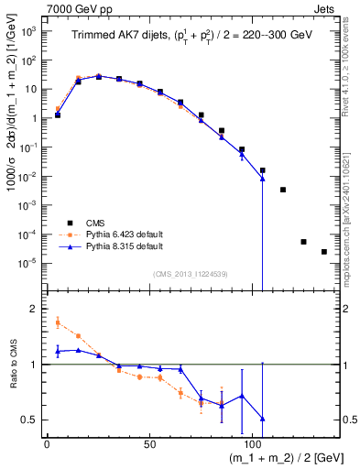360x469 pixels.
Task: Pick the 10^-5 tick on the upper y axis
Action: pyautogui.click(x=28, y=263)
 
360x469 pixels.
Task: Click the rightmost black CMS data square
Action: pyautogui.click(x=324, y=252)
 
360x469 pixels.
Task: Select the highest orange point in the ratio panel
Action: pyautogui.click(x=58, y=322)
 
